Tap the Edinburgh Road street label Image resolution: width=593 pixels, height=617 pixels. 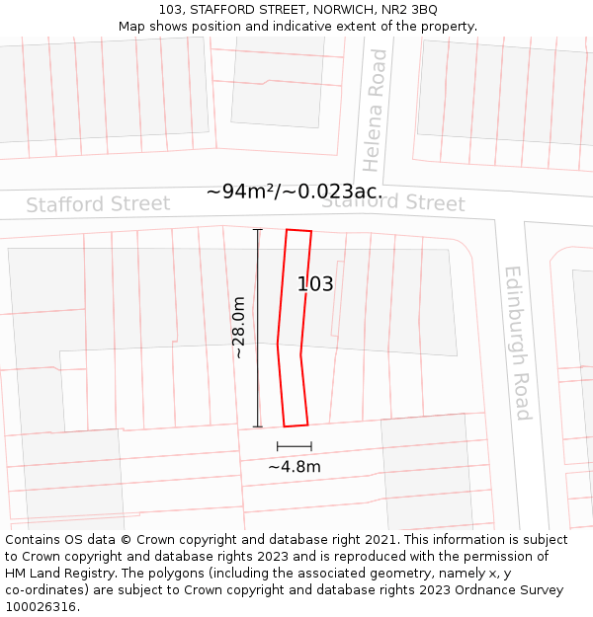point(518,342)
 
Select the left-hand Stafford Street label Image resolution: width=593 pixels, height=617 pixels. point(98,204)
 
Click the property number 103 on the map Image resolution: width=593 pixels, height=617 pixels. point(315,284)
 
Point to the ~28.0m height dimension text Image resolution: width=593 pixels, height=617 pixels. point(238,327)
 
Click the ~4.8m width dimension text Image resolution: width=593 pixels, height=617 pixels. point(295,467)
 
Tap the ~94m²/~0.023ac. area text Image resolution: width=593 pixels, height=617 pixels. point(295,192)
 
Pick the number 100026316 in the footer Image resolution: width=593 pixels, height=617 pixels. point(42,606)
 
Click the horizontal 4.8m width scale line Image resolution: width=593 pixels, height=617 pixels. point(295,447)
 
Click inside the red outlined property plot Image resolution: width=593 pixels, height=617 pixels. point(294,326)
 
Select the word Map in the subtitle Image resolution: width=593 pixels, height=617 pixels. point(132,27)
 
